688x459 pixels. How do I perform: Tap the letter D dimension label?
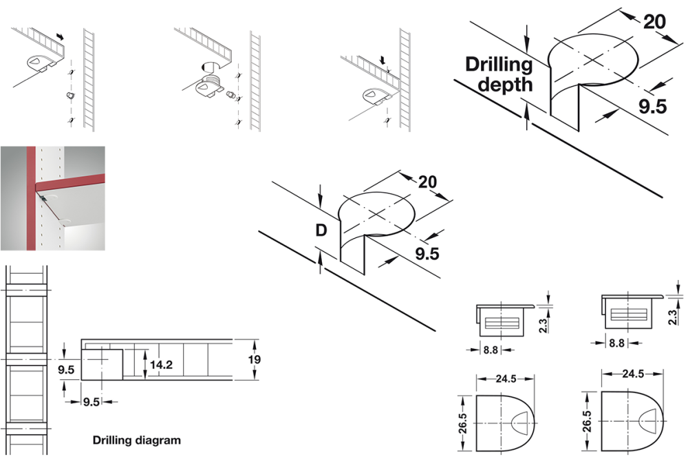click(x=321, y=230)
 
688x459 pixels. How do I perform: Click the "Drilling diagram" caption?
click(x=136, y=440)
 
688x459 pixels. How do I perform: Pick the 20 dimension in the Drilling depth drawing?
click(x=654, y=21)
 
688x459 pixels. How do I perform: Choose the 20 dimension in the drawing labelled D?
click(x=428, y=182)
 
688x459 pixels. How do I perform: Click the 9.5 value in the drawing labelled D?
click(x=427, y=254)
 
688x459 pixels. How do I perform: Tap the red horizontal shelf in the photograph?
click(x=69, y=186)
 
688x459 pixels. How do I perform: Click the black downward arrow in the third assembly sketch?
click(x=383, y=62)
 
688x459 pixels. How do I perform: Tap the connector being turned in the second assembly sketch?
click(x=209, y=85)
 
